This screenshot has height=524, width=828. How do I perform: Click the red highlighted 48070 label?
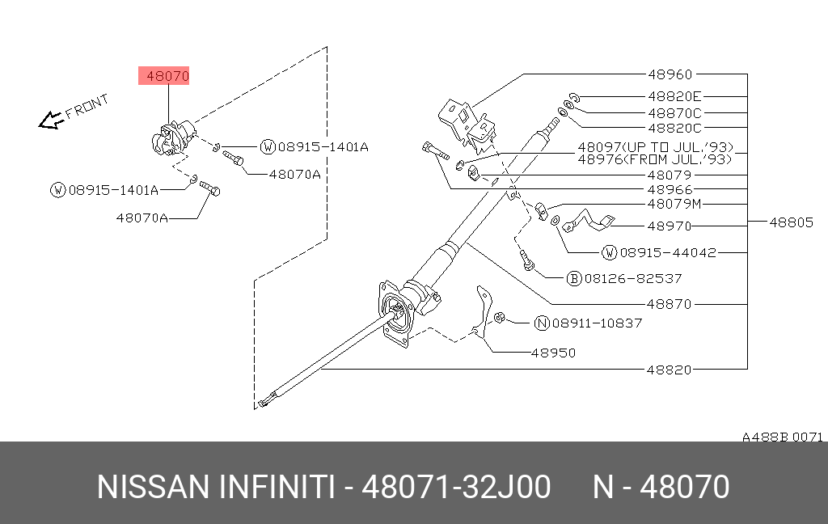pyautogui.click(x=167, y=77)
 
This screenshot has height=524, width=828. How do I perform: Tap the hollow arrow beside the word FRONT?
pyautogui.click(x=52, y=120)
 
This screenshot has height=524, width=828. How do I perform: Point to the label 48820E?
pyautogui.click(x=674, y=95)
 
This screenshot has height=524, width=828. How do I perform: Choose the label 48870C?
pyautogui.click(x=674, y=113)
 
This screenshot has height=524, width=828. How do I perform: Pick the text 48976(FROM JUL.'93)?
pyautogui.click(x=654, y=159)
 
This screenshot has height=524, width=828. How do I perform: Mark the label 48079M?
pyautogui.click(x=674, y=204)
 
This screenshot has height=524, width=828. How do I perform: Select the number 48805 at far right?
pyautogui.click(x=791, y=222)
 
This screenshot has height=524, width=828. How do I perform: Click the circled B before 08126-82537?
pyautogui.click(x=574, y=278)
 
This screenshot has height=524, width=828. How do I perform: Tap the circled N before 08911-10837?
pyautogui.click(x=542, y=323)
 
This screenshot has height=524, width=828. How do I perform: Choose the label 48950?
pyautogui.click(x=553, y=353)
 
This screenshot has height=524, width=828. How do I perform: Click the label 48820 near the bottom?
pyautogui.click(x=670, y=370)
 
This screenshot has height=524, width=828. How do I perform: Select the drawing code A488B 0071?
pyautogui.click(x=782, y=437)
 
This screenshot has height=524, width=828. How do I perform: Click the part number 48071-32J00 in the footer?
pyautogui.click(x=456, y=488)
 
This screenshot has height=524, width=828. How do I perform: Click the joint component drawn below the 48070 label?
pyautogui.click(x=171, y=137)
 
